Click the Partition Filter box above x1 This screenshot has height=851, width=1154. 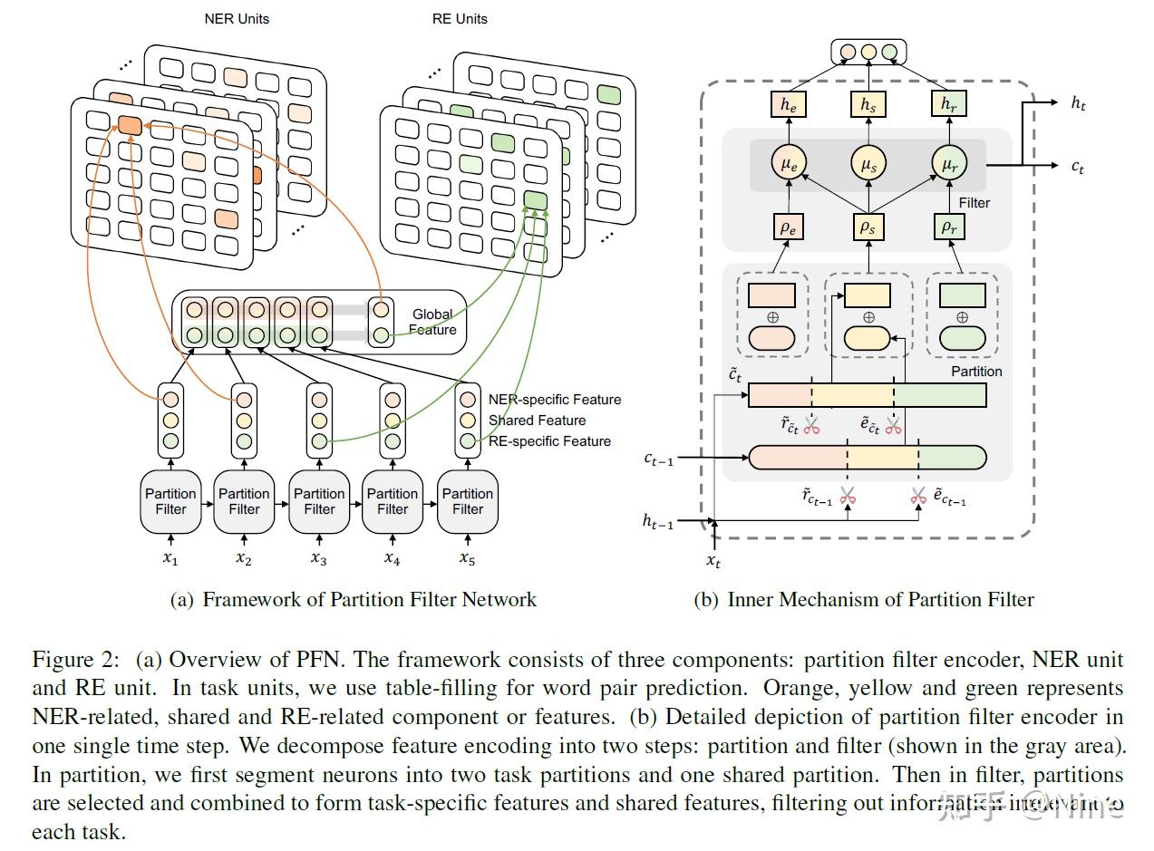point(170,501)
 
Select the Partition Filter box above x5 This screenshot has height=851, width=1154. point(468,501)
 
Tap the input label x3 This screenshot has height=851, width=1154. point(318,559)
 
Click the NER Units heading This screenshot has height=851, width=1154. point(237,18)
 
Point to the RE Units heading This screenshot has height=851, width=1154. point(460,18)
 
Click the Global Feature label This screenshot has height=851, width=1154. point(432,322)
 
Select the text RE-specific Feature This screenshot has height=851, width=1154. point(549,441)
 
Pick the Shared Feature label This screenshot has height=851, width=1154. point(537,421)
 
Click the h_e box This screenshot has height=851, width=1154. point(789,105)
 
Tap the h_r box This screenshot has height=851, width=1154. point(948,105)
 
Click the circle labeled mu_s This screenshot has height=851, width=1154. point(868,164)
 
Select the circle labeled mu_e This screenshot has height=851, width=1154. point(789,164)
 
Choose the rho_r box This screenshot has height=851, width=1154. point(948,227)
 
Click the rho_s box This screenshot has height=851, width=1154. point(868,227)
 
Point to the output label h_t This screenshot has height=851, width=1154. point(1078,103)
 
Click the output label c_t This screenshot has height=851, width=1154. point(1077,166)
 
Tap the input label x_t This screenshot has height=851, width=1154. point(714,561)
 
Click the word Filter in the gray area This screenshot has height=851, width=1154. point(975,203)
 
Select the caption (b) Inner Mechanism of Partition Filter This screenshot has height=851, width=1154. point(863,600)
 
